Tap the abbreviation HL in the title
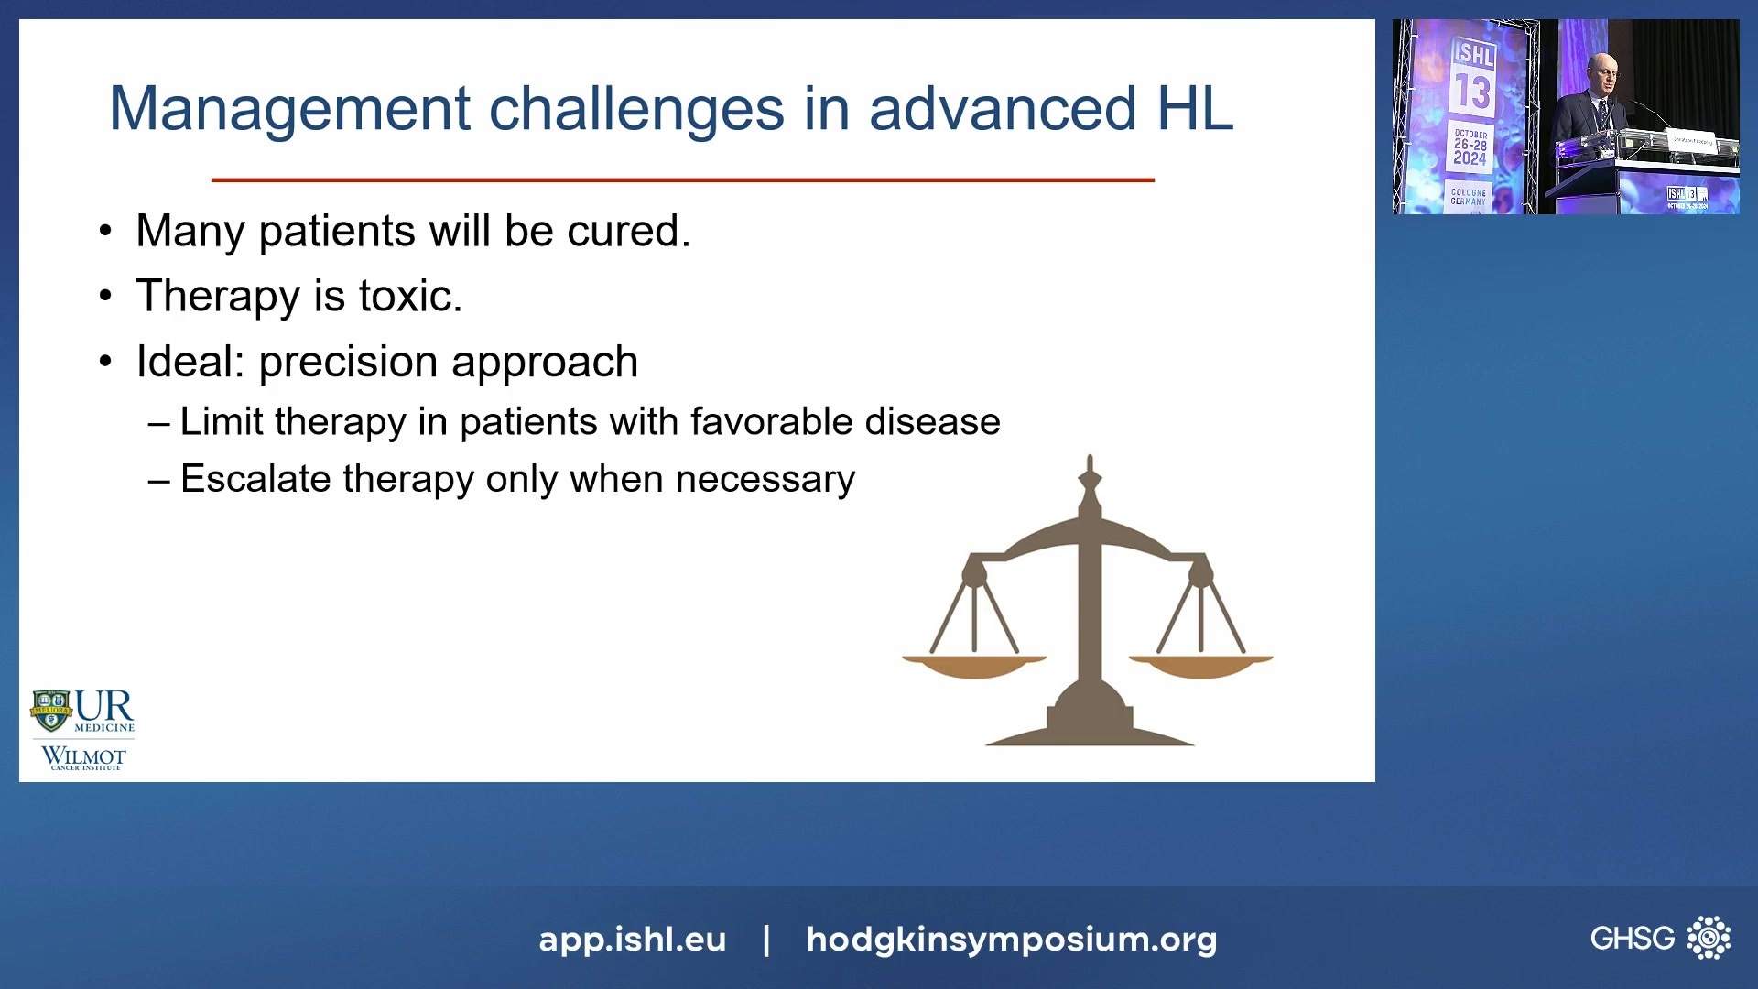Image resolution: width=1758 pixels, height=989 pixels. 1195,109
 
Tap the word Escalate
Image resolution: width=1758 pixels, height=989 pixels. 255,479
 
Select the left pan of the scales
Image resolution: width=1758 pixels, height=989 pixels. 974,666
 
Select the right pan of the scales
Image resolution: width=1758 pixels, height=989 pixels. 1200,666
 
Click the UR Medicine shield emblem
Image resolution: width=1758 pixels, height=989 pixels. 51,711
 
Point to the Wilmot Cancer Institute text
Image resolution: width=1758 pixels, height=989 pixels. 83,758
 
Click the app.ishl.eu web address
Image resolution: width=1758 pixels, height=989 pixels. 632,940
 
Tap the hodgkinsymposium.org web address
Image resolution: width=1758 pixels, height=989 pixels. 1011,940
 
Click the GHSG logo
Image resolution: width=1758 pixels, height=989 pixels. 1659,938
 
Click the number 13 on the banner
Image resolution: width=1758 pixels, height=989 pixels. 1472,92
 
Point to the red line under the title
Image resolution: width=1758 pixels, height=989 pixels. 682,180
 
